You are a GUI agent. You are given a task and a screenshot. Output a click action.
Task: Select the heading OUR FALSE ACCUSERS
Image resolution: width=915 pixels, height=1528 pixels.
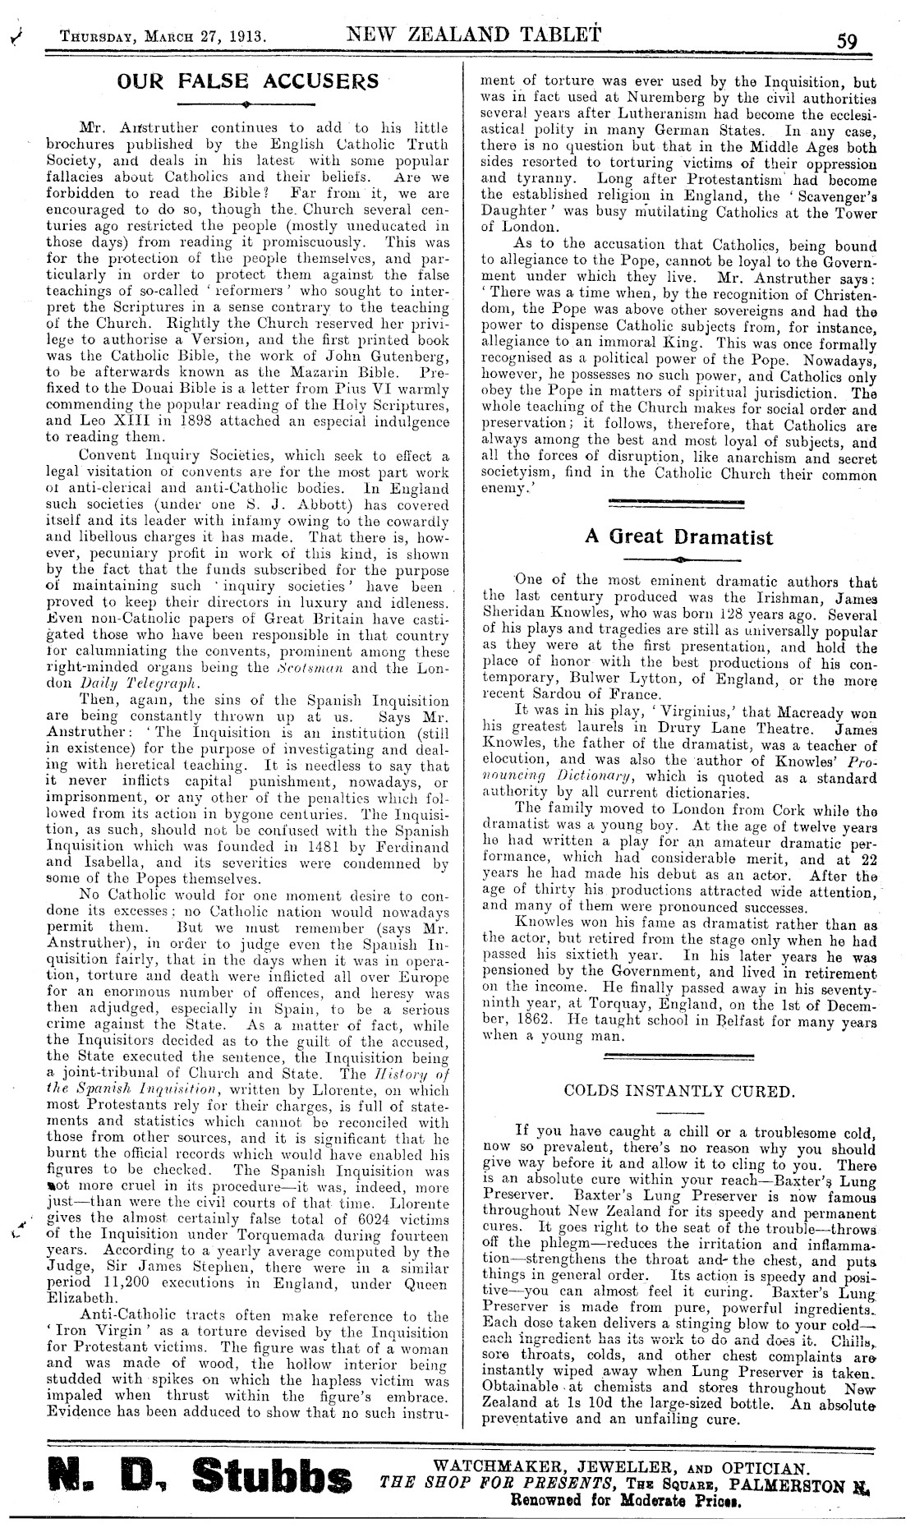tap(248, 81)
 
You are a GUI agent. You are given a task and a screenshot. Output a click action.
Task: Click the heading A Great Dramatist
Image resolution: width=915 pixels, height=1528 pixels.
tap(678, 536)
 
